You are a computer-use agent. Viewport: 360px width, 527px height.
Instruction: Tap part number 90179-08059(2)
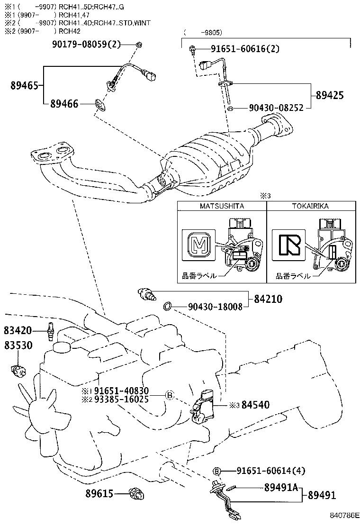pyautogui.click(x=87, y=45)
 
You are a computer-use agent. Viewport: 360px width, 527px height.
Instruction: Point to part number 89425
pyautogui.click(x=330, y=95)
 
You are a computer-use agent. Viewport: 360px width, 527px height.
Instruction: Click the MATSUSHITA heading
pyautogui.click(x=221, y=206)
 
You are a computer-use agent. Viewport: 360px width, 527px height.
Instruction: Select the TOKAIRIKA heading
pyautogui.click(x=310, y=206)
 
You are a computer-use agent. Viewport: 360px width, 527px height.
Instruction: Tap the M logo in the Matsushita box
pyautogui.click(x=198, y=245)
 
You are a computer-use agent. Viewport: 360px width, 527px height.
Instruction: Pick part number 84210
pyautogui.click(x=268, y=299)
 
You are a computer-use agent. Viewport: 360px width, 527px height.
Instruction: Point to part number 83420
pyautogui.click(x=18, y=329)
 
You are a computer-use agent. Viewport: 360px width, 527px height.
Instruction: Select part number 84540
pyautogui.click(x=255, y=405)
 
